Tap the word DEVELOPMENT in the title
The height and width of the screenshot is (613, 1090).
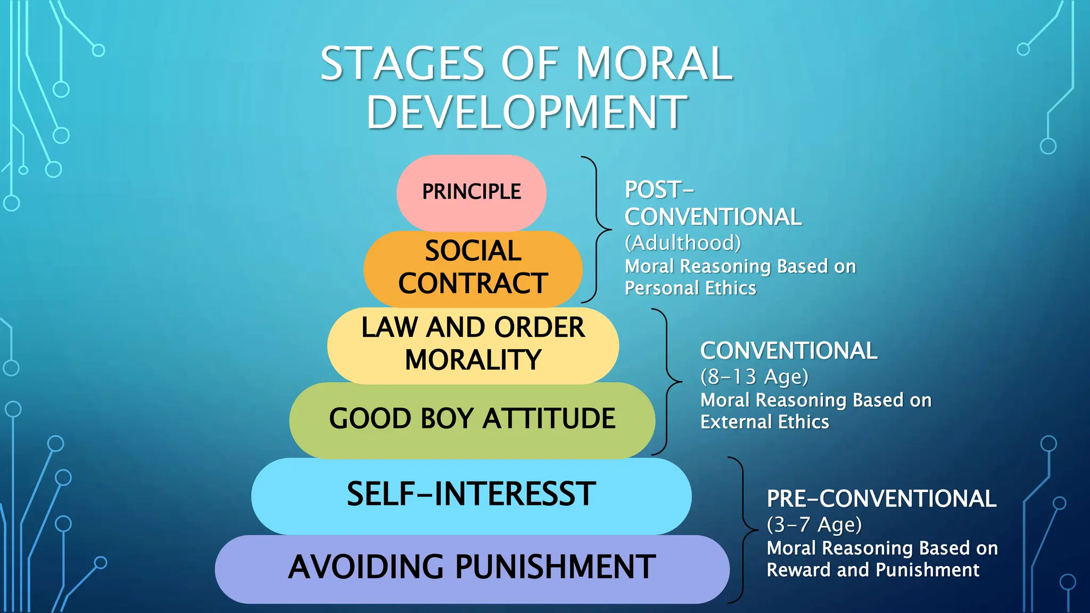click(526, 112)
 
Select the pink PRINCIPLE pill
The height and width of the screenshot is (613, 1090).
click(471, 192)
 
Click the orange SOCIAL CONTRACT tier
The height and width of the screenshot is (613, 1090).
click(473, 268)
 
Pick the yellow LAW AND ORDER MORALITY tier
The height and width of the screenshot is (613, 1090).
click(473, 344)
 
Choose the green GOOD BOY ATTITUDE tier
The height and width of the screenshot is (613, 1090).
click(472, 419)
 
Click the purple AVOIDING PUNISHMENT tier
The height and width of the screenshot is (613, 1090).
click(472, 567)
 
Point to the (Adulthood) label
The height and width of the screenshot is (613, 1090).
click(682, 243)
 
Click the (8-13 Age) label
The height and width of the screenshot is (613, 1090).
click(754, 377)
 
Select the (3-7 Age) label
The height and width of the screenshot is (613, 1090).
click(814, 525)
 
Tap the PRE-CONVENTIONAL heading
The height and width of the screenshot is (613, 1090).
click(881, 499)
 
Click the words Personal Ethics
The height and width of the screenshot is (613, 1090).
click(690, 288)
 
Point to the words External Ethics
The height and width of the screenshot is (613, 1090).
click(764, 423)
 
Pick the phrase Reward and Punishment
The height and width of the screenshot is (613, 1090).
click(873, 570)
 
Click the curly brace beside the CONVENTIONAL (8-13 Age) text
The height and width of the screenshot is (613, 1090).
click(668, 382)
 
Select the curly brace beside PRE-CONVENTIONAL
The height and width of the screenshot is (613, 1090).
click(745, 530)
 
